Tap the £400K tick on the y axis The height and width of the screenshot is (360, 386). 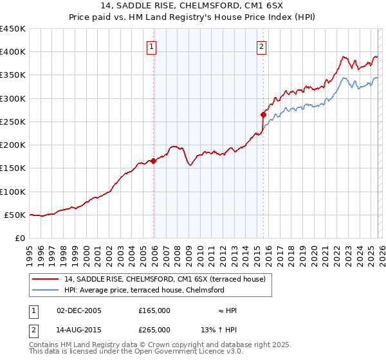[x=13, y=52]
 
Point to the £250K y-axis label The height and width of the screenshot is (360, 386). [x=13, y=122]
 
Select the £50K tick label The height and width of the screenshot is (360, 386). [x=15, y=215]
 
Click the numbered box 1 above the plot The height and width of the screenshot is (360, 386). [x=151, y=46]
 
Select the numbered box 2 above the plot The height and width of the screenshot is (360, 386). [x=262, y=46]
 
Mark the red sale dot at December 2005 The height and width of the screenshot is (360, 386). [x=154, y=161]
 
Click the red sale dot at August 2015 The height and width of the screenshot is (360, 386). [x=264, y=115]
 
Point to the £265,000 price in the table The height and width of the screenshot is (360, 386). [x=154, y=329]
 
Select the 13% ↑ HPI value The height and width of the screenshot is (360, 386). [x=219, y=329]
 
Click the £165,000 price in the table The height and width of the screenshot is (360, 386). [x=154, y=310]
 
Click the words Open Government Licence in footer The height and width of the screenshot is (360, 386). [x=183, y=351]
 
